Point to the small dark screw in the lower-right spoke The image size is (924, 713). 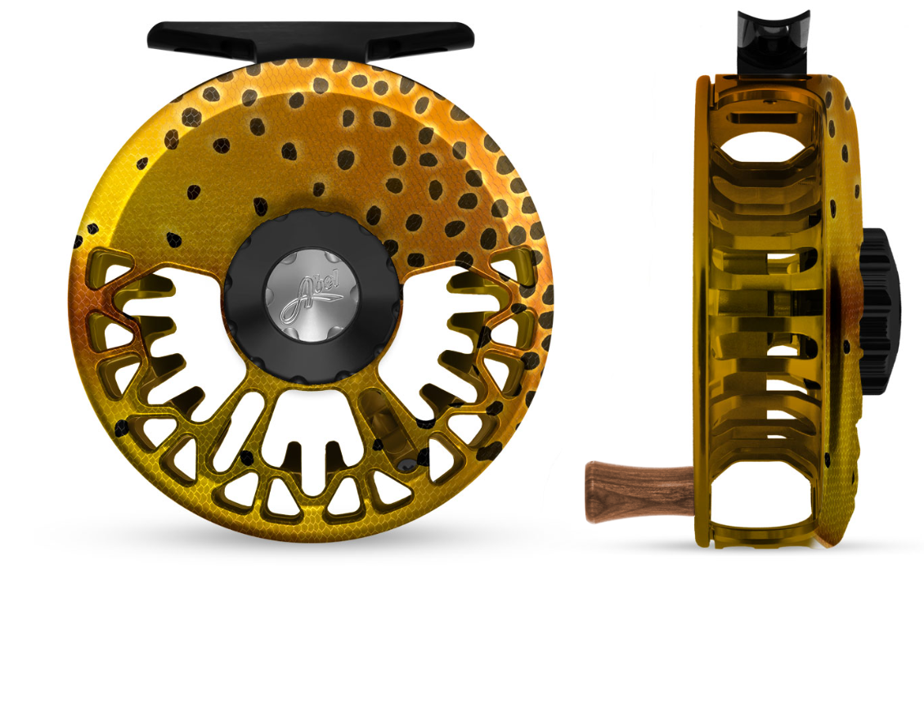coord(406,464)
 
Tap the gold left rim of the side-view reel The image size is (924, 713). coord(702,311)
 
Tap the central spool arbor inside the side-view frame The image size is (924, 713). coord(769,311)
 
